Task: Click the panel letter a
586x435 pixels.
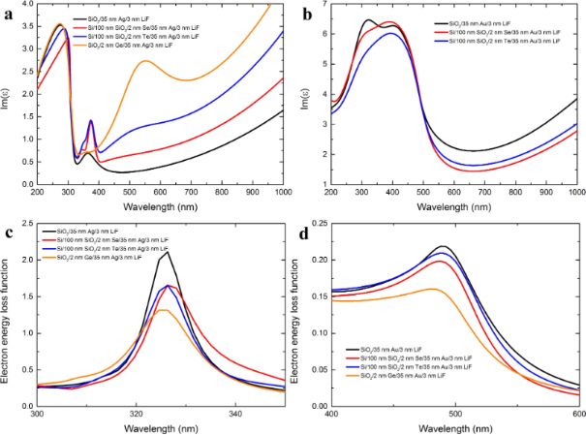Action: [8, 14]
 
